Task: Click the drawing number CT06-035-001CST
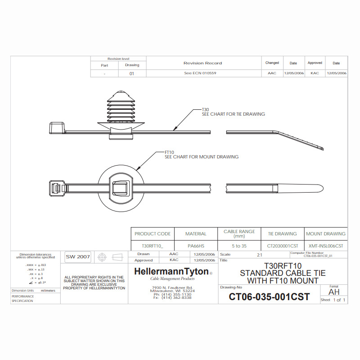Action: coord(269,297)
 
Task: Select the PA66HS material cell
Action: coord(196,246)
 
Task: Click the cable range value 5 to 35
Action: coord(239,246)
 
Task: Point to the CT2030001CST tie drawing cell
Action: coord(283,246)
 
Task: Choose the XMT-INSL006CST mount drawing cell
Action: coord(326,246)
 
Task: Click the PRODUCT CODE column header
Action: coord(153,234)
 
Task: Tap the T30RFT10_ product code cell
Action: coord(153,246)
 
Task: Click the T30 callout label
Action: coord(205,109)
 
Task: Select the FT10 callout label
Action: coord(169,153)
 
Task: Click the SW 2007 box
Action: coord(78,256)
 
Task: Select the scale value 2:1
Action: coord(260,255)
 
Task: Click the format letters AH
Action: coord(334,292)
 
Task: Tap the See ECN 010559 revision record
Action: coord(200,73)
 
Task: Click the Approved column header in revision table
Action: coord(315,63)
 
